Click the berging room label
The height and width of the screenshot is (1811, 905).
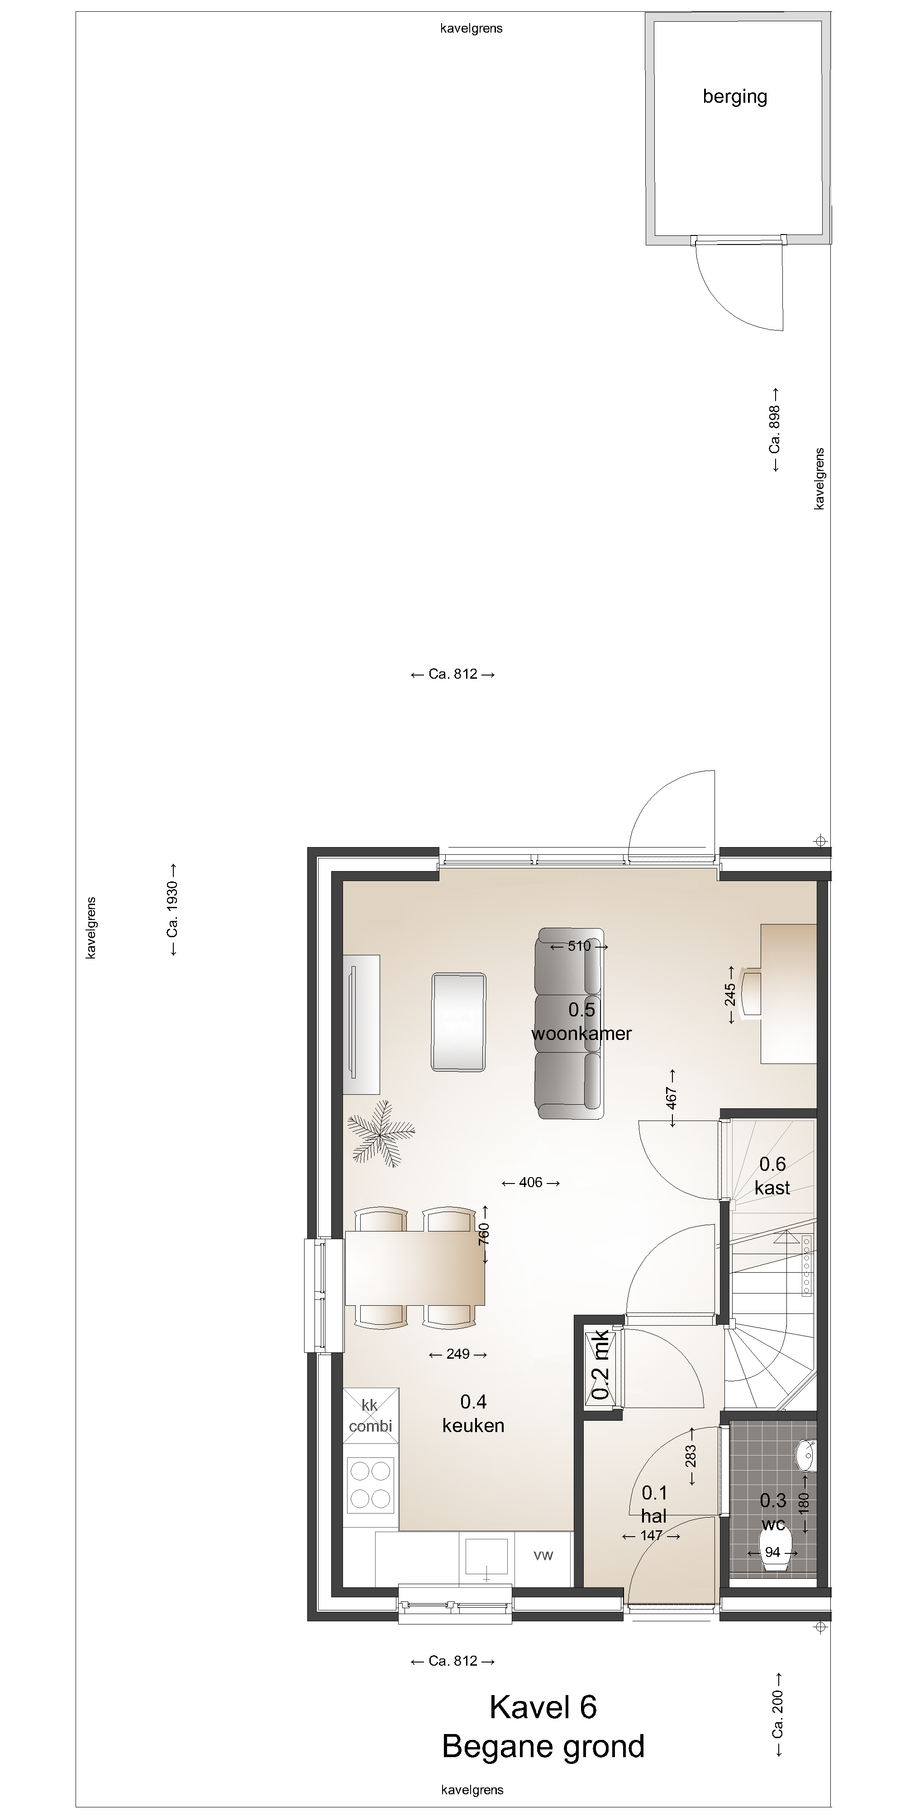[x=735, y=96]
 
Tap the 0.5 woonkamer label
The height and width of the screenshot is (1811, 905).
[x=582, y=1021]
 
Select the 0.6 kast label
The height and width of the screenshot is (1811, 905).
[x=772, y=1175]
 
